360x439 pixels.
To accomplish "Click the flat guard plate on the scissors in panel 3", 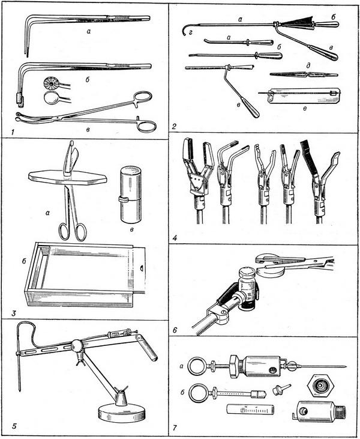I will (x=67, y=176).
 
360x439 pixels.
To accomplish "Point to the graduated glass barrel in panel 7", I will (x=249, y=411).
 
